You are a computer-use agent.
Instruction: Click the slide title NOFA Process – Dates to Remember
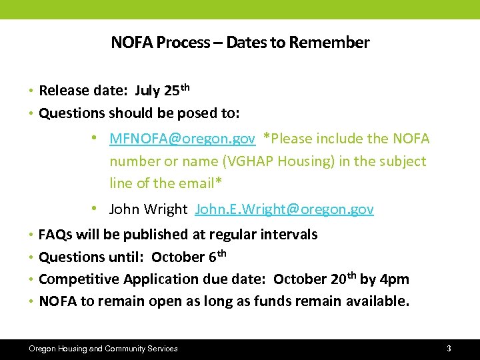[240, 43]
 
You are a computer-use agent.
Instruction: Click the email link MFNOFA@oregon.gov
[182, 139]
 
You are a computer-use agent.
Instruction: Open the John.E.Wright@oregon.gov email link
[284, 209]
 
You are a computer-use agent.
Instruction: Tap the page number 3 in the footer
[449, 348]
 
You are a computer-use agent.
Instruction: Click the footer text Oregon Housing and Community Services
[103, 348]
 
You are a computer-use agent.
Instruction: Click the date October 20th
[315, 279]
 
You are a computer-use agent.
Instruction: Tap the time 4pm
[395, 279]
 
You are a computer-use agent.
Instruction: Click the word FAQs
[56, 234]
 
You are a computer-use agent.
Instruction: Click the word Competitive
[79, 279]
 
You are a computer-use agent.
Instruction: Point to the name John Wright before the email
[148, 209]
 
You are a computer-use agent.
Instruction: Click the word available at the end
[377, 301]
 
